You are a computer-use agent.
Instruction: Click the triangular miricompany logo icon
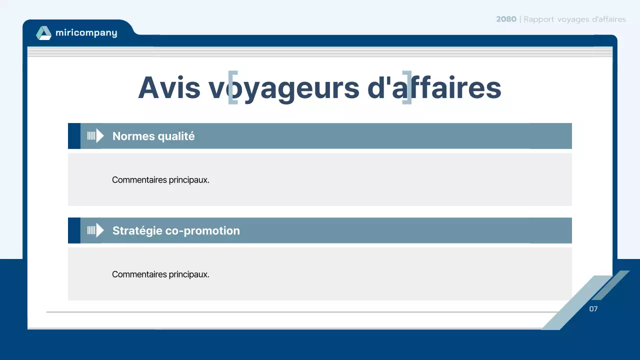[x=43, y=33]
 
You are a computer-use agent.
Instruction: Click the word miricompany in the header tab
[x=86, y=33]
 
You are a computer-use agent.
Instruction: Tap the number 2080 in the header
[x=506, y=19]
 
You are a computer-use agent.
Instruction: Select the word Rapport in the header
[x=539, y=19]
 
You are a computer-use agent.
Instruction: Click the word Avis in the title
[x=169, y=87]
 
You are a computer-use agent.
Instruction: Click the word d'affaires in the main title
[x=434, y=87]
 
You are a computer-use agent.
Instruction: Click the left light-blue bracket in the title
[x=232, y=87]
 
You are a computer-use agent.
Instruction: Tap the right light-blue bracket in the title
[x=407, y=87]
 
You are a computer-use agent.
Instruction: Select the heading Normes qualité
[x=153, y=136]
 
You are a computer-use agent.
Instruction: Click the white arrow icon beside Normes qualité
[x=95, y=135]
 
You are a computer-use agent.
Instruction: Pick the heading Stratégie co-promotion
[x=176, y=230]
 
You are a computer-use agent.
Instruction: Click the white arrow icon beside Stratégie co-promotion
[x=95, y=230]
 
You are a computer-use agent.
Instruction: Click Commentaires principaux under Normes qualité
[x=160, y=180]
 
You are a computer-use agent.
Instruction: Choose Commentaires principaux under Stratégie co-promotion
[x=160, y=274]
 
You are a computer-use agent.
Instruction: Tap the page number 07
[x=593, y=309]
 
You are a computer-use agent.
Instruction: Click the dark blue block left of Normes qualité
[x=74, y=136]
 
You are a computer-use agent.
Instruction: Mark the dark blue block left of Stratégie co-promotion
[x=74, y=230]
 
